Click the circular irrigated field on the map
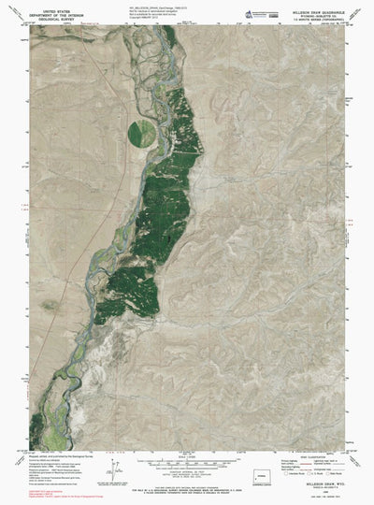click(x=143, y=130)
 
